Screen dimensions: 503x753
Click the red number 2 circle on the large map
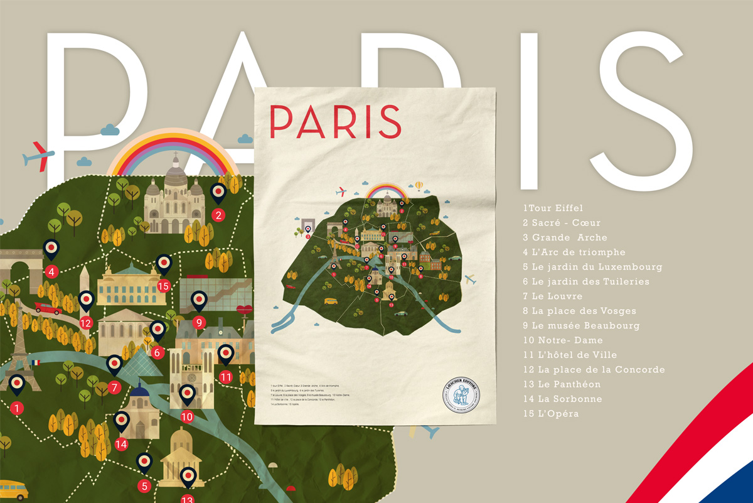tap(218, 215)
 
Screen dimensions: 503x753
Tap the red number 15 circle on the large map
tap(164, 286)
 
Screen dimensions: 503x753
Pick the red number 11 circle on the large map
tap(226, 377)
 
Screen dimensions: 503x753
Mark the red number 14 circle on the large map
tap(121, 444)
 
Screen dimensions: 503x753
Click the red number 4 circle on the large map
tap(51, 272)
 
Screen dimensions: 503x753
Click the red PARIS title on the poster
tap(335, 122)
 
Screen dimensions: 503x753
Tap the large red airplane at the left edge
tap(38, 155)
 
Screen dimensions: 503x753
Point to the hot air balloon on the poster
tap(419, 185)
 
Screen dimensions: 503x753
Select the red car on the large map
tap(48, 308)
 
